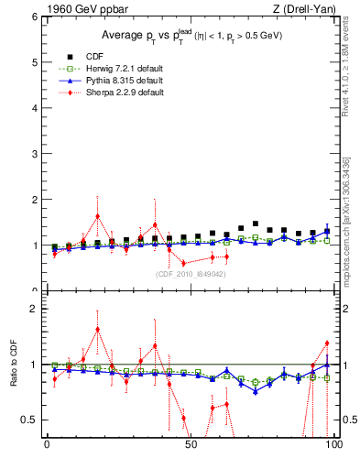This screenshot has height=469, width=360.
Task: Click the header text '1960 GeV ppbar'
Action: click(x=83, y=9)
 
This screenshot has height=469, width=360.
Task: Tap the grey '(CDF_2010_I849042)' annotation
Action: click(x=191, y=272)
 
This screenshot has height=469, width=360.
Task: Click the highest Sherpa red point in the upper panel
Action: click(x=97, y=216)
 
